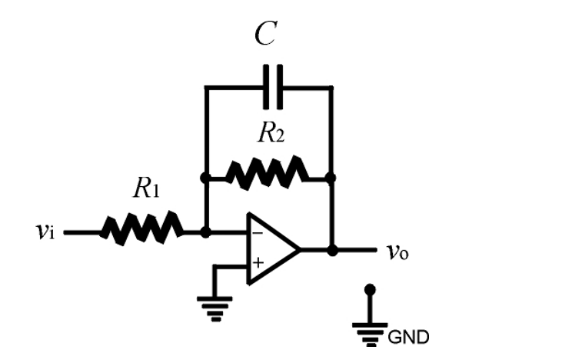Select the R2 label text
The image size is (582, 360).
pos(271,134)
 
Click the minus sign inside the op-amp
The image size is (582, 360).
pos(257,232)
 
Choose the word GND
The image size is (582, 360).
pos(408,337)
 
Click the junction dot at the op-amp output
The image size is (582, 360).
pos(331,249)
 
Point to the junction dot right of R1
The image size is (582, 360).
pos(205,231)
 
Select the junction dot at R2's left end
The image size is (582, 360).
pos(205,177)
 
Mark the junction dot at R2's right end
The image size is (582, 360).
pos(331,177)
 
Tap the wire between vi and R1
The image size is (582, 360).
pos(81,231)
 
